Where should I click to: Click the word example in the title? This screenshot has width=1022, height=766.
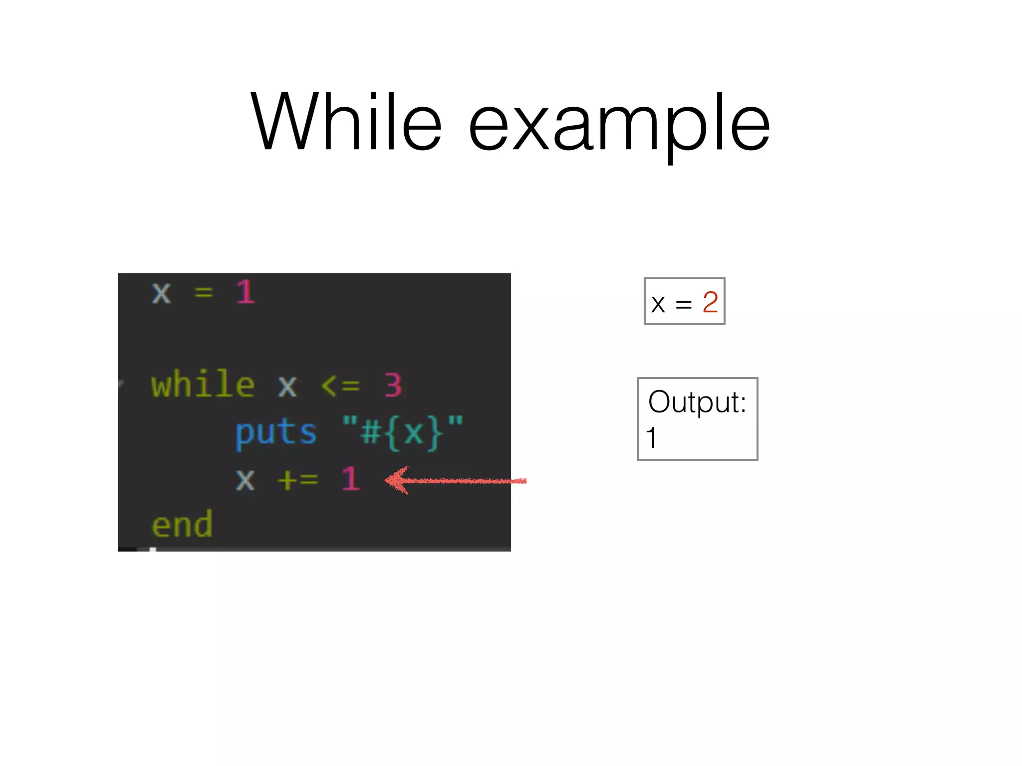pos(619,125)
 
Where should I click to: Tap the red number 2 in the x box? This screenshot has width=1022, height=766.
pos(710,302)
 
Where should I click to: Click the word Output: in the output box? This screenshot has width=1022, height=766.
pos(697,402)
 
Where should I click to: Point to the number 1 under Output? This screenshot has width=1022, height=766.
pos(651,438)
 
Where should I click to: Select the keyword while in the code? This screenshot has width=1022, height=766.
pos(203,385)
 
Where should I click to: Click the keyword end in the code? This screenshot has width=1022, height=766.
pos(182,525)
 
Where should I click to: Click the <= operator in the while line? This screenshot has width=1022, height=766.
pos(340,385)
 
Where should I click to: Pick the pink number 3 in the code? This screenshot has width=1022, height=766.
pos(393,385)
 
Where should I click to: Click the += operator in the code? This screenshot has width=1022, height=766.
pos(298,480)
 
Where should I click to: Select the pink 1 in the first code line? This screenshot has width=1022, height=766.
pos(245,292)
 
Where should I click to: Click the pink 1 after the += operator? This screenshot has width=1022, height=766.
pos(351,479)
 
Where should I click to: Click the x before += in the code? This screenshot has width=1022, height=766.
pos(245,480)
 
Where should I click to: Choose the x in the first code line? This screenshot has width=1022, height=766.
pos(161,293)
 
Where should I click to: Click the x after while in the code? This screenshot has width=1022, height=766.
pos(287,386)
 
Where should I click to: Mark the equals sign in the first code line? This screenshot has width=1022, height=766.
pos(204,293)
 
